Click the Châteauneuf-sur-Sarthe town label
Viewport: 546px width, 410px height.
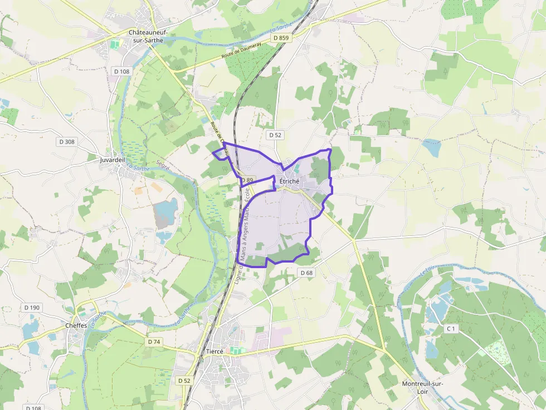click(x=148, y=37)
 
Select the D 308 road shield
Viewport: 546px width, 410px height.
click(x=66, y=142)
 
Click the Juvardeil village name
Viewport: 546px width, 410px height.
click(x=112, y=160)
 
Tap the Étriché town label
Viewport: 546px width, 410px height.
click(x=289, y=181)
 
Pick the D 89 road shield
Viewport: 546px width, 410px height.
click(x=247, y=180)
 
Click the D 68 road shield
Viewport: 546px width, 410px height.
click(x=306, y=273)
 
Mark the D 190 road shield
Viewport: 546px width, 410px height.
click(x=33, y=308)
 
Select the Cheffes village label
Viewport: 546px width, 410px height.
click(x=76, y=325)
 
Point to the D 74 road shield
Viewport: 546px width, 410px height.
click(x=154, y=341)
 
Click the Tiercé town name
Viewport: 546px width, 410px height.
click(x=214, y=352)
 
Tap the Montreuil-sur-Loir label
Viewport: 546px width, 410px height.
click(x=422, y=387)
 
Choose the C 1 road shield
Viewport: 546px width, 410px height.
click(x=451, y=329)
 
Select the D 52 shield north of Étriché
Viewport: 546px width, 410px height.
click(x=275, y=135)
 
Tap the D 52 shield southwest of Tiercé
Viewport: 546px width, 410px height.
click(x=184, y=381)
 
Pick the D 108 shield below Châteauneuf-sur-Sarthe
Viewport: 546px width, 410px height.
click(x=121, y=71)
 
